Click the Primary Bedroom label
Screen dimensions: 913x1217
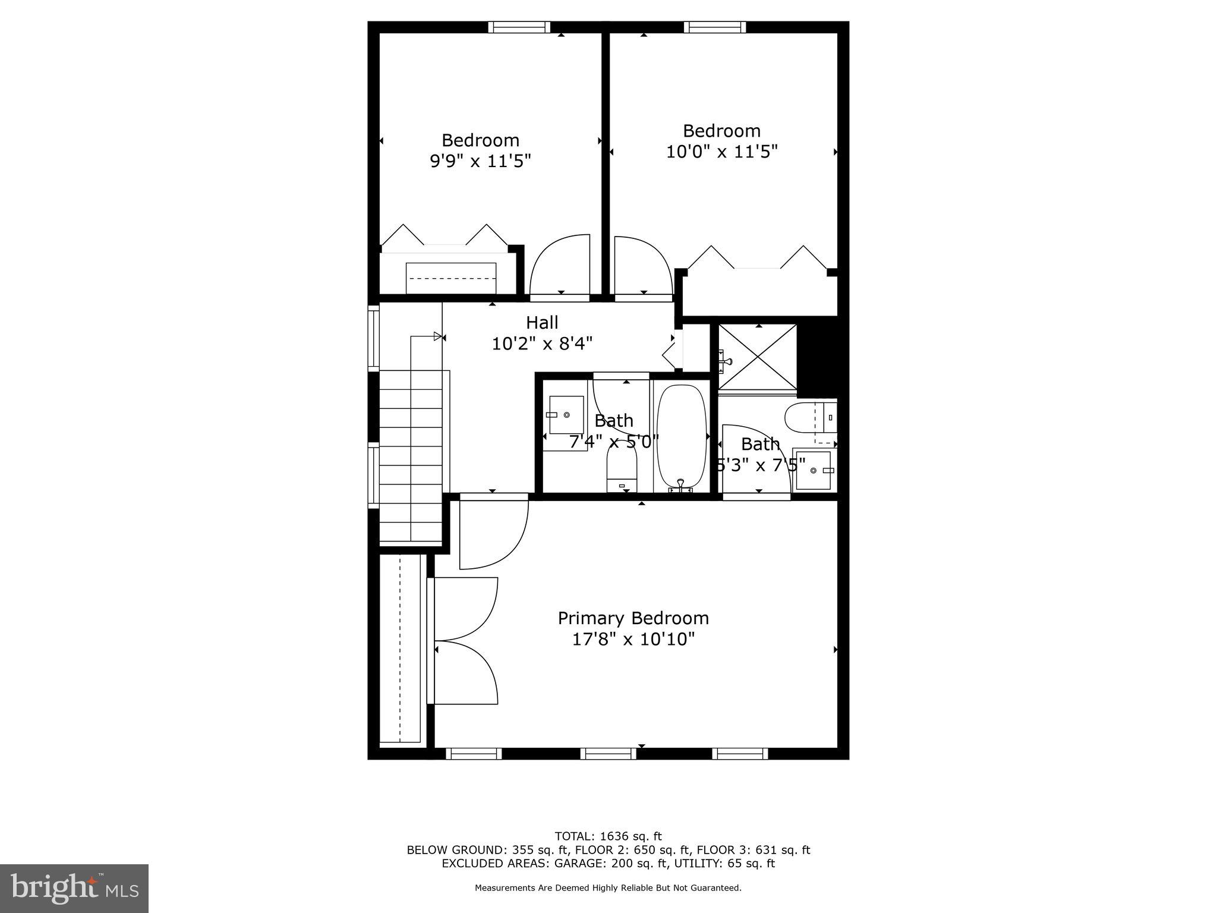point(633,618)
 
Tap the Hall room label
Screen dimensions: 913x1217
point(542,323)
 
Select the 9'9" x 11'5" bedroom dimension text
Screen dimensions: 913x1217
point(480,161)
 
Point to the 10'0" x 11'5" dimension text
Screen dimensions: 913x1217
point(721,152)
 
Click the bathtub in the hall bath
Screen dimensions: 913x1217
point(681,437)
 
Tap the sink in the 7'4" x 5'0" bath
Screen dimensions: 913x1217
point(566,415)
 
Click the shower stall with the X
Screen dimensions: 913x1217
point(758,357)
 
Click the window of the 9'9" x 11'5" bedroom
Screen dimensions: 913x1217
point(519,27)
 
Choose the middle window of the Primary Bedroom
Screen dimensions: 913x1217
point(608,754)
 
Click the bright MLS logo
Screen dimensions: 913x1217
point(74,888)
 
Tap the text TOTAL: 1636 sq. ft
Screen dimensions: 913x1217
point(608,836)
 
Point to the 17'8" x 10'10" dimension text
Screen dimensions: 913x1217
point(633,640)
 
